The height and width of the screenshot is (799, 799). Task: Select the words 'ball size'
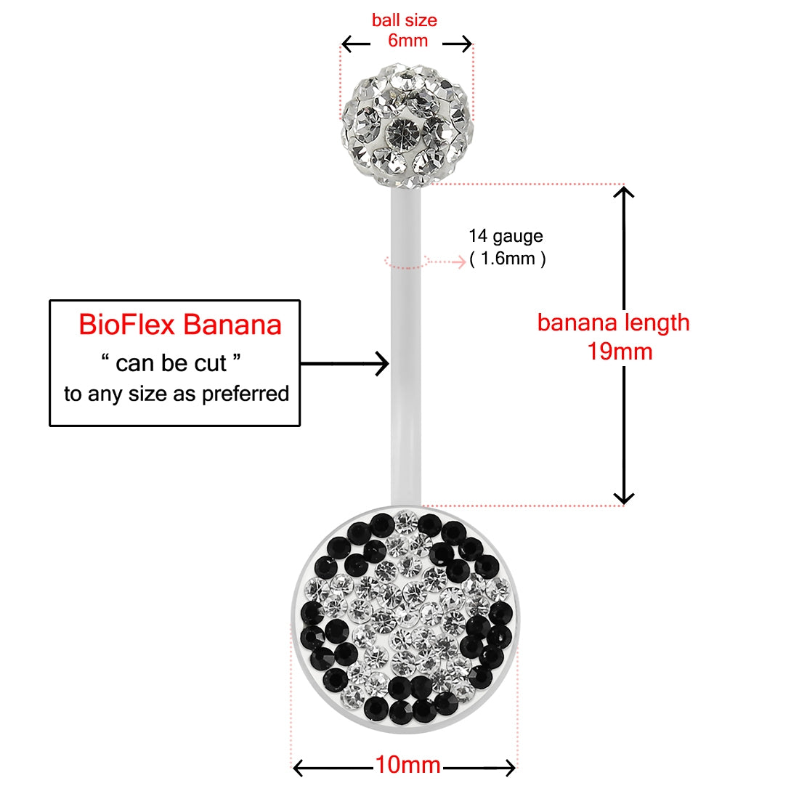pos(405,20)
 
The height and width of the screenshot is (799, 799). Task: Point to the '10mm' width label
pos(407,765)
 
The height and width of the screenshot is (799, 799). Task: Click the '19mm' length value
pos(620,352)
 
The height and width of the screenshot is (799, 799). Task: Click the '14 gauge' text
pos(506,236)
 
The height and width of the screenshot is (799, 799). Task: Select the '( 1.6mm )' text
pos(507,259)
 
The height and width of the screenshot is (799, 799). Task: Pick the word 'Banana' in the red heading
pos(232,325)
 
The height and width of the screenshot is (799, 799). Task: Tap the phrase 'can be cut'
pos(171,362)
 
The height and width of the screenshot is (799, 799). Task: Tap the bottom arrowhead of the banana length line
pos(624,498)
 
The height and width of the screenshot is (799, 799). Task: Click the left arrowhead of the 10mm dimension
pos(298,767)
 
